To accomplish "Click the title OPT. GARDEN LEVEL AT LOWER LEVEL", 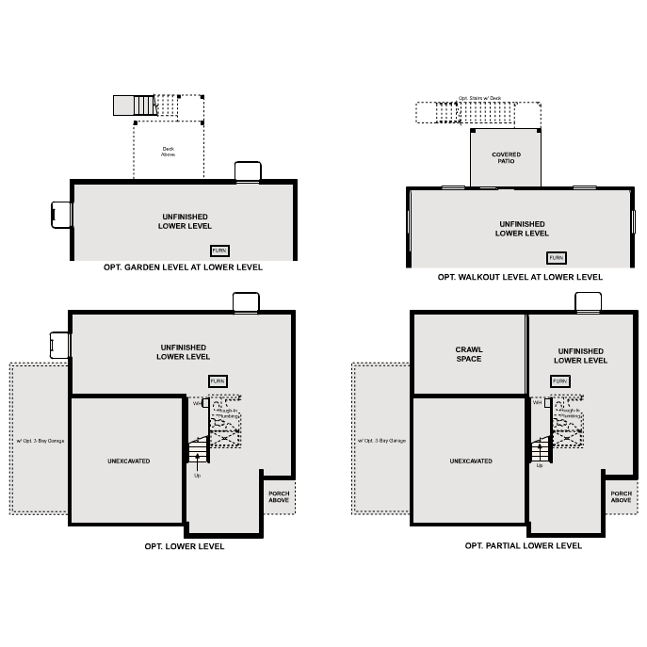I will click(x=183, y=267).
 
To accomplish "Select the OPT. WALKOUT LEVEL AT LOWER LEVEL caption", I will click(x=520, y=277).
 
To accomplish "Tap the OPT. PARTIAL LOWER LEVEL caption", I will click(x=523, y=545).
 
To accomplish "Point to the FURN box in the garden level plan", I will click(x=219, y=251).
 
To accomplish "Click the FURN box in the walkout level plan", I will click(x=557, y=258).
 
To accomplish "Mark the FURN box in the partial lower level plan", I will click(x=560, y=381).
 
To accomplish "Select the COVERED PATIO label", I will click(x=506, y=158).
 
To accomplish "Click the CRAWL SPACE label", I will click(x=468, y=354).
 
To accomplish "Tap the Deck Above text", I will click(x=169, y=151).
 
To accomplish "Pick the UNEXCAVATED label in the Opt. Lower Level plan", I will click(x=128, y=461).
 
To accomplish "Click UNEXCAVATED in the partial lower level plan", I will click(x=470, y=461).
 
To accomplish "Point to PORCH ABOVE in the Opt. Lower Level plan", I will click(x=279, y=496).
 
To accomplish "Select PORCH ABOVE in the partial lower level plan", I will click(x=621, y=496).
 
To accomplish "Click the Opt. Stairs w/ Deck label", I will click(x=479, y=98).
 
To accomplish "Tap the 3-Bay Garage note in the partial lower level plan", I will click(x=381, y=440).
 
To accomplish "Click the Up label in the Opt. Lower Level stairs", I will click(x=198, y=476).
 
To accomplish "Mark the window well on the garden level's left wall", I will click(x=62, y=215).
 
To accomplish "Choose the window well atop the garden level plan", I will click(x=248, y=171).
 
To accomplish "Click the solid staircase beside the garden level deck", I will click(x=134, y=105).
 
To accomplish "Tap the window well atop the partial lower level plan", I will click(x=589, y=302).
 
